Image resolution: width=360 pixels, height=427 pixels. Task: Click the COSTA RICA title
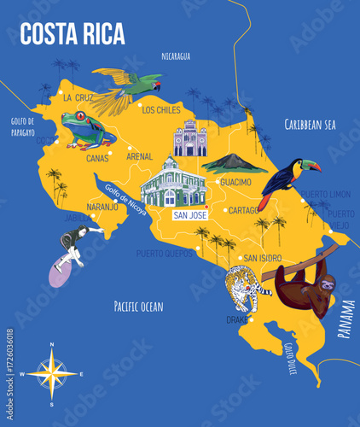(73, 33)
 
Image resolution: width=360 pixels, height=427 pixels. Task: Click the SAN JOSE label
(190, 215)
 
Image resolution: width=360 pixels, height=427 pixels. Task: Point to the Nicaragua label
(176, 56)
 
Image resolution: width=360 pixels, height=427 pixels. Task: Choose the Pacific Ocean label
(138, 305)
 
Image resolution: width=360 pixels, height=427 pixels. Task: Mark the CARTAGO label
(245, 210)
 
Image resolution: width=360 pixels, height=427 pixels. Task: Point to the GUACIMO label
(235, 182)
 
